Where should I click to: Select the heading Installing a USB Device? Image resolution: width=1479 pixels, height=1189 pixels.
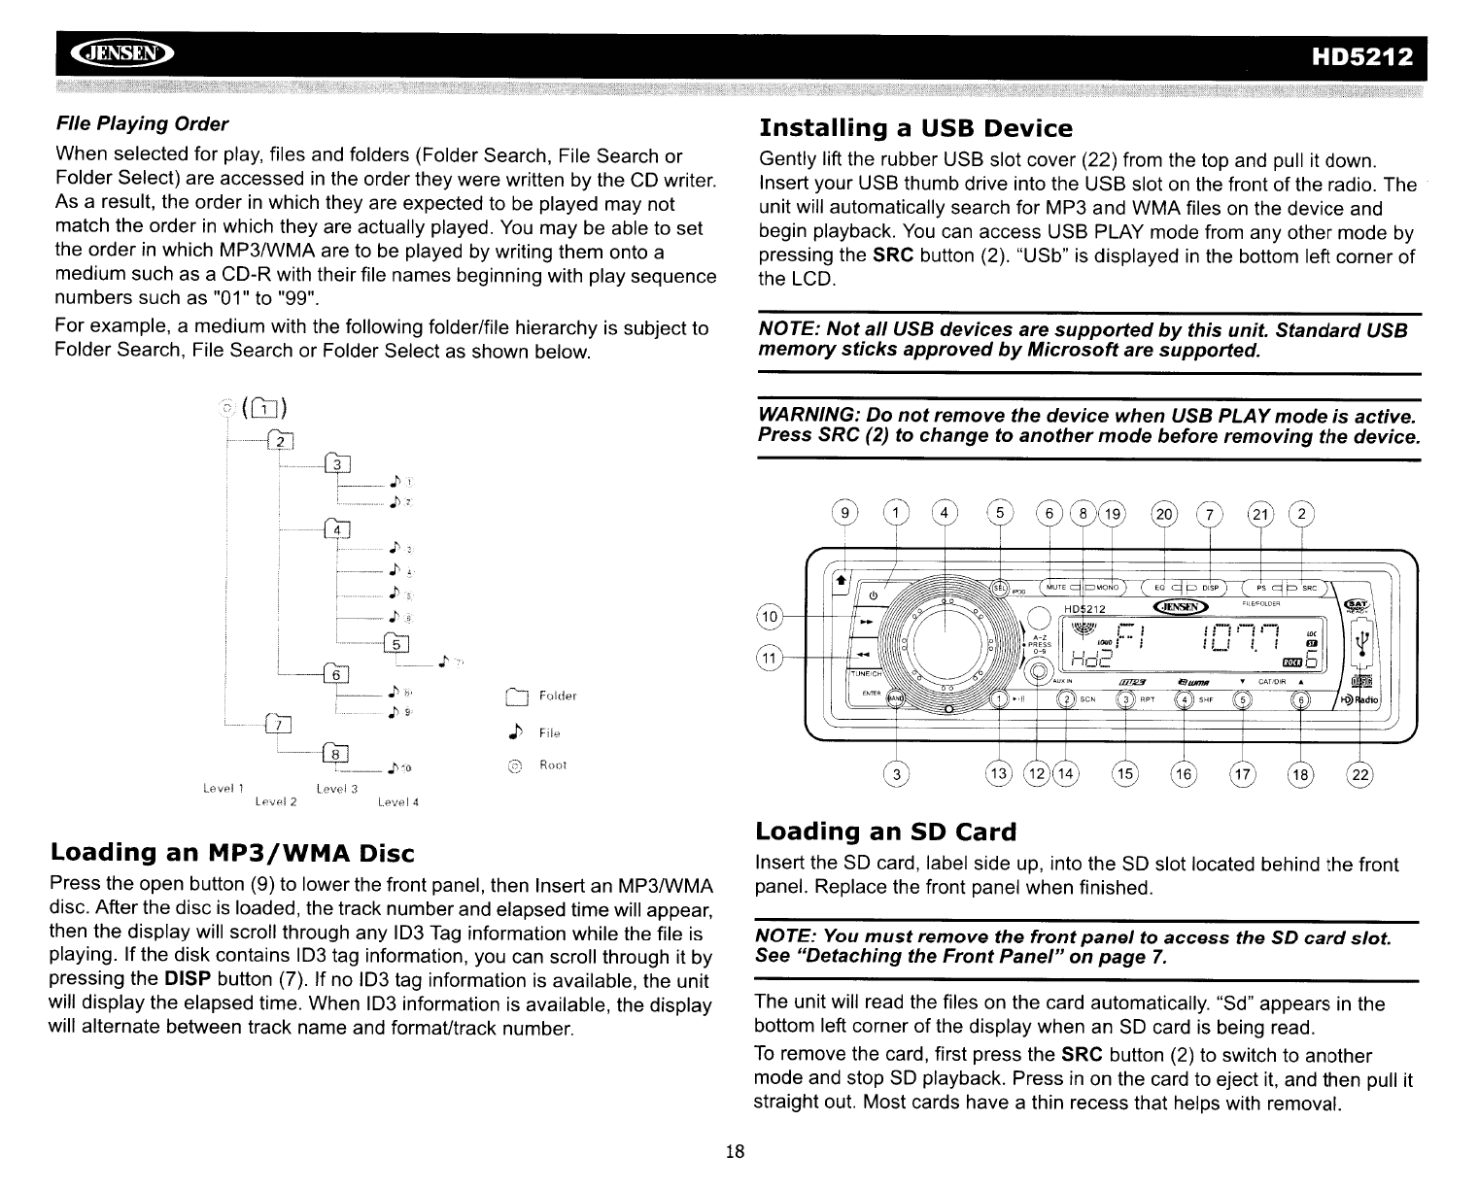coord(915,128)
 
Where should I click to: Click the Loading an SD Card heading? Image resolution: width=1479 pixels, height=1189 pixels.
coord(885,832)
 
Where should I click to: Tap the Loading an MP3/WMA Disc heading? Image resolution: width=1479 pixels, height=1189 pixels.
coord(232,853)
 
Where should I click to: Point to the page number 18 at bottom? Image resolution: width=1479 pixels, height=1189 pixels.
coord(735,1152)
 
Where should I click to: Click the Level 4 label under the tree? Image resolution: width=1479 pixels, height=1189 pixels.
coord(397,802)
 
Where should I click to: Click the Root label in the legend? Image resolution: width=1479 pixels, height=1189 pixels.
coord(553,765)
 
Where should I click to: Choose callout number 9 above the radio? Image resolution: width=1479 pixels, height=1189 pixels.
coord(847,514)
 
